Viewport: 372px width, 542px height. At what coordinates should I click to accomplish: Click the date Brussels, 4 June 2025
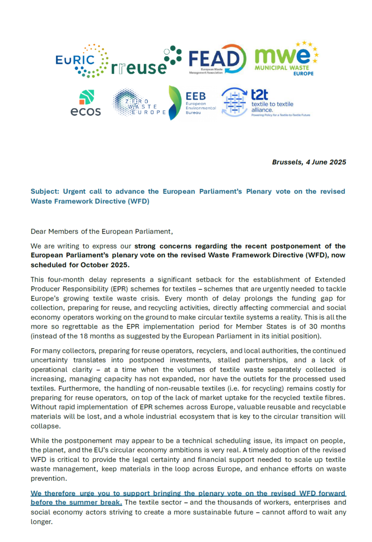pos(309,162)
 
